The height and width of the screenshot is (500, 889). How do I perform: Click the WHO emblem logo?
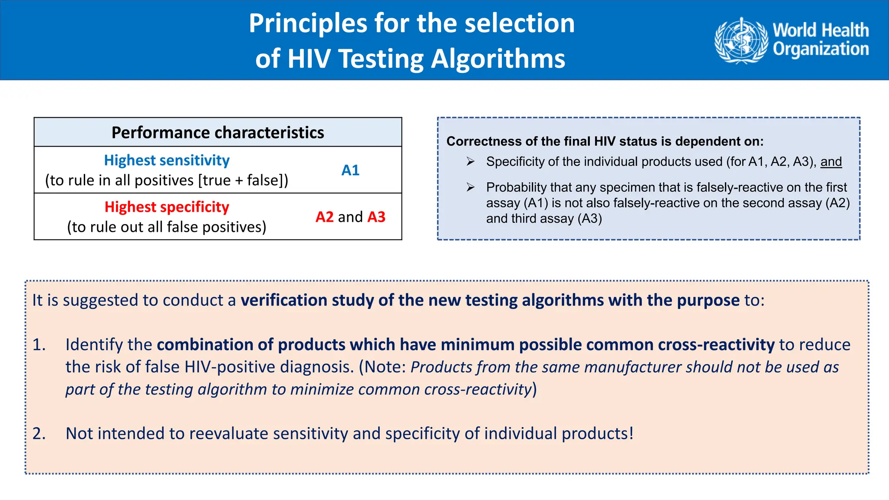(x=741, y=40)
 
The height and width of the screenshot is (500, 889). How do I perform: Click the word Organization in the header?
(x=820, y=49)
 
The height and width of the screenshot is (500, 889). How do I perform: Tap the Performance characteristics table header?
(x=217, y=132)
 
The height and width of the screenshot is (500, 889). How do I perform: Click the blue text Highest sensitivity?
(x=167, y=160)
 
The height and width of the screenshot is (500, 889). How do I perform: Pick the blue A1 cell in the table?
(x=350, y=170)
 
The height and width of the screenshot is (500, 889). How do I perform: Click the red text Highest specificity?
(x=167, y=207)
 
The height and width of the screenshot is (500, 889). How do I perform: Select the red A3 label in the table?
(x=376, y=217)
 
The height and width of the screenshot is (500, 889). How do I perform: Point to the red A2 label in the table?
(x=324, y=217)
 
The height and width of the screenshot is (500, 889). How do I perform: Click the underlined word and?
(x=831, y=161)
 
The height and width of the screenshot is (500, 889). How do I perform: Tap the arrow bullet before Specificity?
(x=471, y=162)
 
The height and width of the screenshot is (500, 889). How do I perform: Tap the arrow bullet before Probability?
(x=471, y=187)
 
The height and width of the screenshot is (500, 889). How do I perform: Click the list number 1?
(x=39, y=345)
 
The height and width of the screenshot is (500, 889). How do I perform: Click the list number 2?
(x=39, y=434)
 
